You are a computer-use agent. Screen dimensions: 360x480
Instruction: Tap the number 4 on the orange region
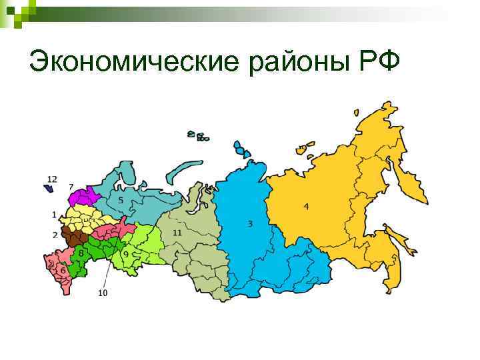306,206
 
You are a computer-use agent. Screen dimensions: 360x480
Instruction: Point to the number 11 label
177,233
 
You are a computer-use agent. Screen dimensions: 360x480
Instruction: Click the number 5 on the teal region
121,200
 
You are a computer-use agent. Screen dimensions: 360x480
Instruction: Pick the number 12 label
53,179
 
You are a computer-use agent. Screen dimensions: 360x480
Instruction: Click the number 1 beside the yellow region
54,215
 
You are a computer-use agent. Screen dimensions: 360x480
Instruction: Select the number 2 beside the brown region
55,235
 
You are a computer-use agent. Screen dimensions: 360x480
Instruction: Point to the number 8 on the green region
81,253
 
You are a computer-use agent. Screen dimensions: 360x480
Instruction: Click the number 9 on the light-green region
125,254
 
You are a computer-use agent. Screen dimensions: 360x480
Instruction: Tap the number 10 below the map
103,292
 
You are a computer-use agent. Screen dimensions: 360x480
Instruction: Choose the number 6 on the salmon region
63,271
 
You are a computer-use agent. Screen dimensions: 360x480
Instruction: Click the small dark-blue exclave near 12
49,189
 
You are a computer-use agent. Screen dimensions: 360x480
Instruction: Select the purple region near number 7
84,197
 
